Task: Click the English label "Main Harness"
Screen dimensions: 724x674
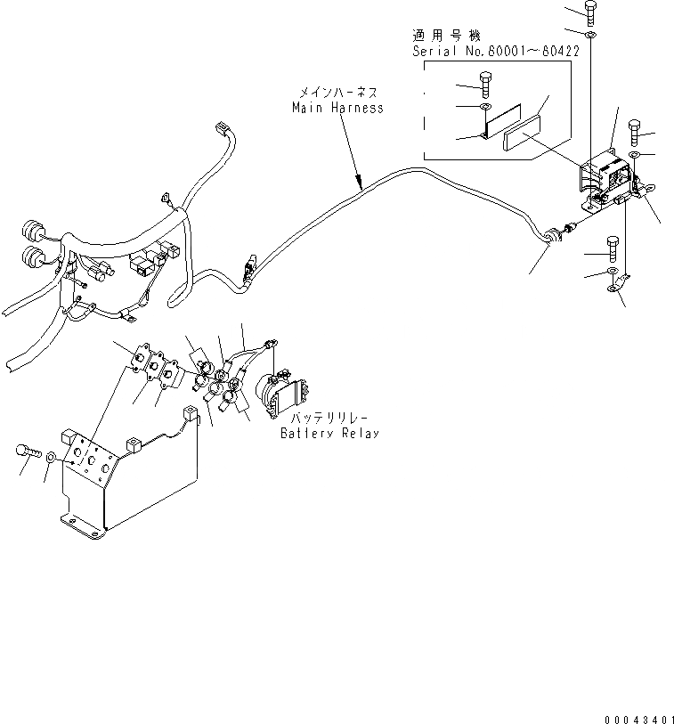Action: (338, 108)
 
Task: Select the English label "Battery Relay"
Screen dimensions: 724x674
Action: (329, 434)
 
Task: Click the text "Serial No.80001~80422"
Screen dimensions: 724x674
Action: (496, 52)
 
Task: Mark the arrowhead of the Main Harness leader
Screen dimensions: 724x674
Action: (361, 188)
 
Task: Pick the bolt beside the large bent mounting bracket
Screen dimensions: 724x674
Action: (28, 452)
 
